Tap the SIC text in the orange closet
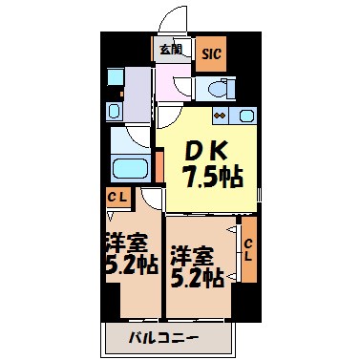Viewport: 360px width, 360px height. click(211, 53)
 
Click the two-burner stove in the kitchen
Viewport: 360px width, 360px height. click(221, 116)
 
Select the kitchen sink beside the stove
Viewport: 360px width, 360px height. click(247, 116)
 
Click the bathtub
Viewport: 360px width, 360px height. click(127, 168)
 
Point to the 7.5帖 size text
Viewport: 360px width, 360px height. click(212, 175)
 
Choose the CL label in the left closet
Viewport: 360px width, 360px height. click(118, 198)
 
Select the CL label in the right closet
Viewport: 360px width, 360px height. click(248, 250)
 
